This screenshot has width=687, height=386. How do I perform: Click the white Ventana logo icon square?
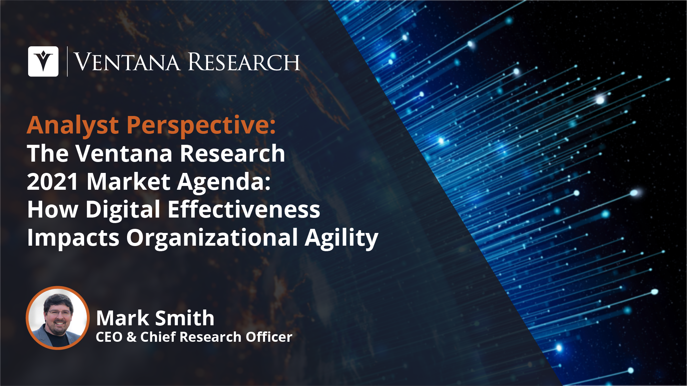(x=43, y=61)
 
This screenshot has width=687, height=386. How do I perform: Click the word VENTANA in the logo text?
(x=127, y=62)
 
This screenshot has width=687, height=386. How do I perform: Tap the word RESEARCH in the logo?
(x=244, y=62)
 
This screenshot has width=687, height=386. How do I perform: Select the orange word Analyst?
(x=73, y=126)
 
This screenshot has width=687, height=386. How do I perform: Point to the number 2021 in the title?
(x=53, y=182)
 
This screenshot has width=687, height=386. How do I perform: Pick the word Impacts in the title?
(x=73, y=238)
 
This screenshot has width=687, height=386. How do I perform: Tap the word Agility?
(x=342, y=238)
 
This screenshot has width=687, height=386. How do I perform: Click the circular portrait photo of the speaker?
(x=58, y=318)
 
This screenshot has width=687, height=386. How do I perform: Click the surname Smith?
(x=185, y=318)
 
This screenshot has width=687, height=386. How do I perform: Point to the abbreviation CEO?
(x=109, y=337)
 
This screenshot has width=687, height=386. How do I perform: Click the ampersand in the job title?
(x=131, y=337)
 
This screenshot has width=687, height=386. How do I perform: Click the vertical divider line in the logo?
(x=67, y=61)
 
